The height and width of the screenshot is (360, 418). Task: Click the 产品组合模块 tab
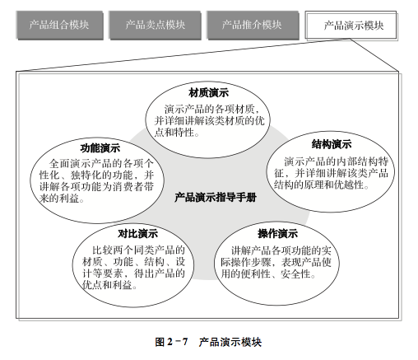coord(59,25)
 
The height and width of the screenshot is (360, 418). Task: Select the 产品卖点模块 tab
coord(155,25)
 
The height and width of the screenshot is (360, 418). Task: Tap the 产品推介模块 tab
coord(253,25)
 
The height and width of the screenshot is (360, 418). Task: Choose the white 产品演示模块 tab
coord(351,26)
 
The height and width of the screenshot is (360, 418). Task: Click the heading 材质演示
coord(208,92)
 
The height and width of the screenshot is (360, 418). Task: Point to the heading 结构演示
coord(332,144)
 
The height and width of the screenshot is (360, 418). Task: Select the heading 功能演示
coord(100,148)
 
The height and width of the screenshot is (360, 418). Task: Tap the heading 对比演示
coord(137,234)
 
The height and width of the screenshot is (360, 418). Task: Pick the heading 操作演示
coord(277,234)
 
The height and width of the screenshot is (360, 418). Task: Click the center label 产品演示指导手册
coord(216,197)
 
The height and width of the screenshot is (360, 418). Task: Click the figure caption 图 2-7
coord(171,342)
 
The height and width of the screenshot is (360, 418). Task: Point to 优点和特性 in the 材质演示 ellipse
coord(177,133)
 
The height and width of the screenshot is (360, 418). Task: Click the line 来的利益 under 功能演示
coord(62,198)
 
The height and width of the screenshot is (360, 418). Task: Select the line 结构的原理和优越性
coord(321,185)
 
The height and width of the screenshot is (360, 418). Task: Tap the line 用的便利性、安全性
coord(268,274)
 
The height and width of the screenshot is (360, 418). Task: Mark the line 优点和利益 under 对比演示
coord(109,285)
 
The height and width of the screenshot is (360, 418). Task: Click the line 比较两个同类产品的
coord(138,250)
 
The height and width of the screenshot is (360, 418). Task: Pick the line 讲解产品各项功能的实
coord(281,250)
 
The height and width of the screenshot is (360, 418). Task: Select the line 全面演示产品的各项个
coord(101,164)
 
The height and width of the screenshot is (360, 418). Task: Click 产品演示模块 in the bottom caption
coord(230,342)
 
